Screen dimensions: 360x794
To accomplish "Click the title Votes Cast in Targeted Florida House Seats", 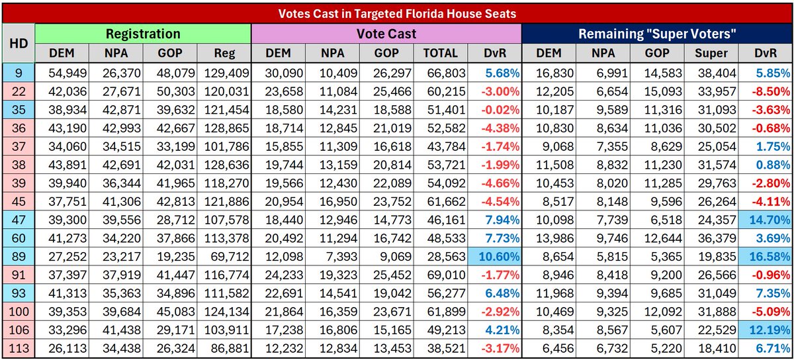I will pos(397,12).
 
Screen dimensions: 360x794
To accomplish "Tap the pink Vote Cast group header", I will pos(386,34).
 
